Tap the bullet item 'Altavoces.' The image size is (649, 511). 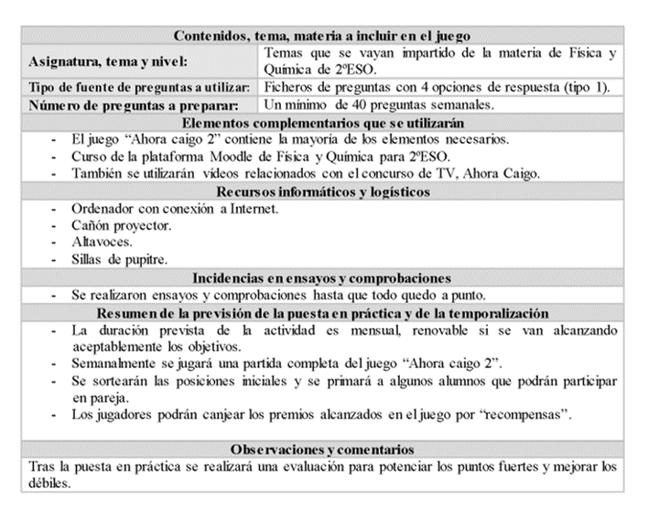click(102, 243)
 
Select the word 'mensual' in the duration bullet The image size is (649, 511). click(383, 329)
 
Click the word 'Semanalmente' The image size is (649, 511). click(114, 364)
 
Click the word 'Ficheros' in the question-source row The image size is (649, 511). click(289, 87)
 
